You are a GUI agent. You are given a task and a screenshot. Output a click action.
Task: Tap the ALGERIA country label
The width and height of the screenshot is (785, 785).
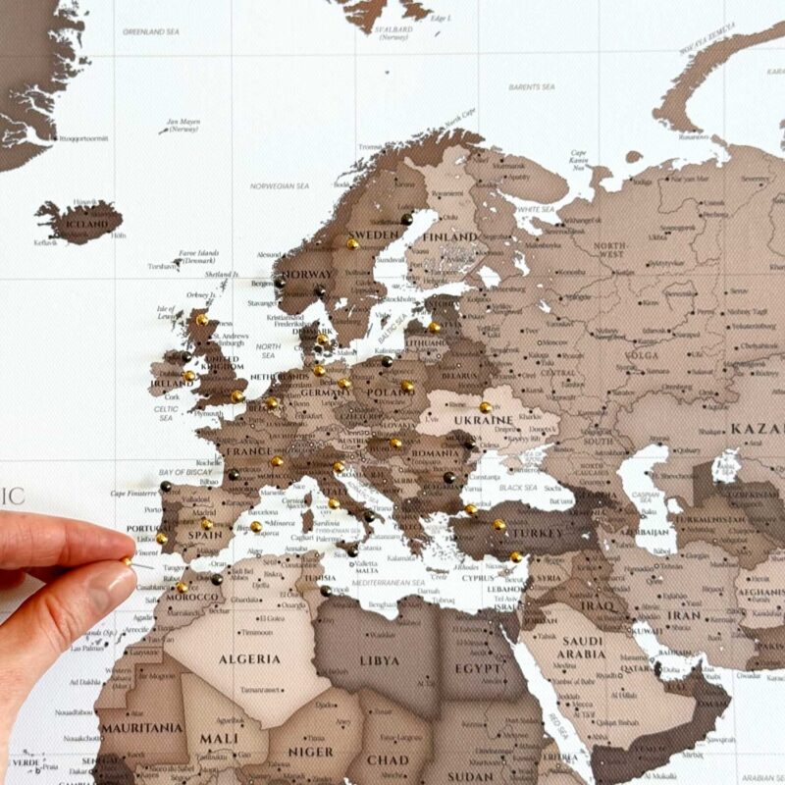[249, 658]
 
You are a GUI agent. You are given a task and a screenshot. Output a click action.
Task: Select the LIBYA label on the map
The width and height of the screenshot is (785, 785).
[380, 660]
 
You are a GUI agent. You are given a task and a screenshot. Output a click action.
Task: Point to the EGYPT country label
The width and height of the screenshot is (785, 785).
[479, 668]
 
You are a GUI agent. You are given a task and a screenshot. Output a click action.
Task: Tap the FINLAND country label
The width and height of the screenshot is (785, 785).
[451, 236]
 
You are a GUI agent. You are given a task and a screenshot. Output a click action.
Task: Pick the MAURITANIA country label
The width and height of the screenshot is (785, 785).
[142, 728]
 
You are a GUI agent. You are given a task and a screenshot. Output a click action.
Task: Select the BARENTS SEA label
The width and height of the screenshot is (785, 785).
[532, 87]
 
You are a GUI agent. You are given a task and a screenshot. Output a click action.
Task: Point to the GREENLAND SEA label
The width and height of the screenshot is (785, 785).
[150, 31]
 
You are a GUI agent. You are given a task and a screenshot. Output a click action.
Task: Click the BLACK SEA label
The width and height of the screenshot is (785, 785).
[518, 488]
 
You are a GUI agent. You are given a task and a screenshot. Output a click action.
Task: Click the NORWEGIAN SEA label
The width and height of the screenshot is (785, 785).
[280, 185]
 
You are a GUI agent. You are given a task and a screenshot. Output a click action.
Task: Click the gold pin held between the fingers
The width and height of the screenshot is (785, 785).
[128, 559]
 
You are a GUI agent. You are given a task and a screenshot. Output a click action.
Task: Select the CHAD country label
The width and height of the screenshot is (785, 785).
[388, 759]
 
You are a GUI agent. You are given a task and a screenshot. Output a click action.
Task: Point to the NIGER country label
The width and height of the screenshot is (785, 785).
[310, 753]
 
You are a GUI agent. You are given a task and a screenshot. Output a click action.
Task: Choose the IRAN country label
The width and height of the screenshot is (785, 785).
[683, 615]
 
